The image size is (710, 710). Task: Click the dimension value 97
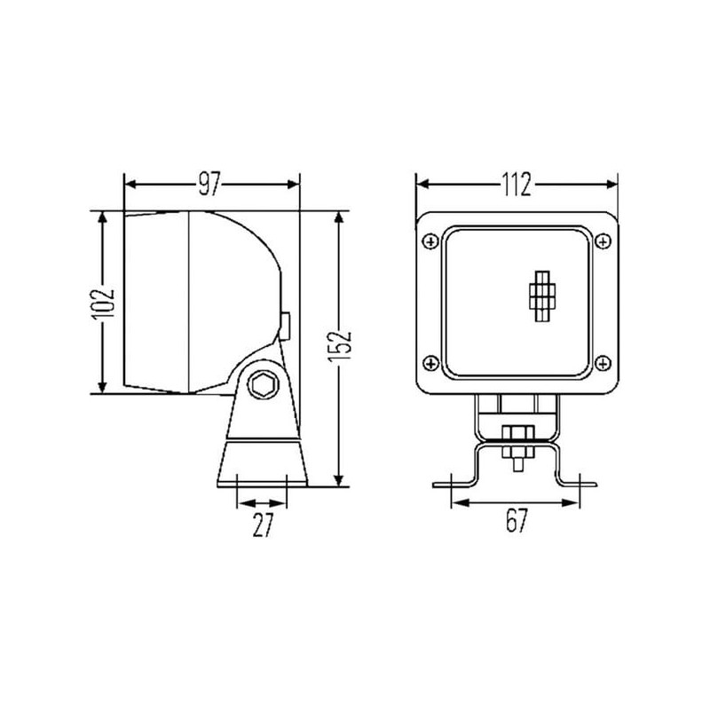[209, 184]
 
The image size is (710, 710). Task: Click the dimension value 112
[517, 185]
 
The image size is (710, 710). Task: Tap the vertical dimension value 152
[340, 346]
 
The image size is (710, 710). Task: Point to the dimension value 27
[263, 525]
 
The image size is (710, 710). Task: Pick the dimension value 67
[517, 521]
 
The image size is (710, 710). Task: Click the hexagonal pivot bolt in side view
[263, 385]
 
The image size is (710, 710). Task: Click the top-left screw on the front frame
[430, 241]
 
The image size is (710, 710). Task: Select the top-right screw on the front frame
[603, 241]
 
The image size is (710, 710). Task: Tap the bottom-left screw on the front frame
[430, 363]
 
